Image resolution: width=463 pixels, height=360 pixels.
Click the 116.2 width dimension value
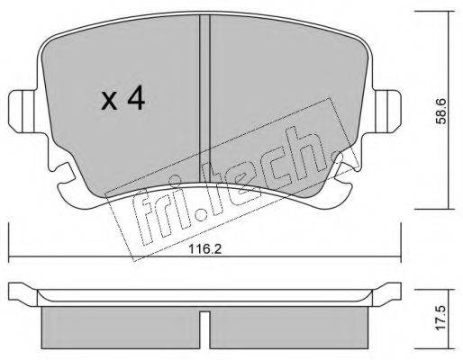click(x=205, y=248)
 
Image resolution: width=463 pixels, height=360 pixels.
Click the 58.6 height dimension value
click(x=441, y=112)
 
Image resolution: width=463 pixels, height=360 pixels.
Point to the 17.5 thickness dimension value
click(x=441, y=319)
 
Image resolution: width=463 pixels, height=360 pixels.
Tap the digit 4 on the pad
click(x=136, y=97)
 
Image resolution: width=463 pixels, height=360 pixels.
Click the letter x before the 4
click(x=109, y=101)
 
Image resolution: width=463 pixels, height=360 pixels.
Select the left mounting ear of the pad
click(x=22, y=112)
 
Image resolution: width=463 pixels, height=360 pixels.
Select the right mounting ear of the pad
click(x=387, y=112)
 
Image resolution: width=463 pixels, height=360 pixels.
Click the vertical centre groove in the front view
click(x=204, y=99)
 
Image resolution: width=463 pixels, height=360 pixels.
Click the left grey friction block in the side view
click(x=121, y=328)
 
